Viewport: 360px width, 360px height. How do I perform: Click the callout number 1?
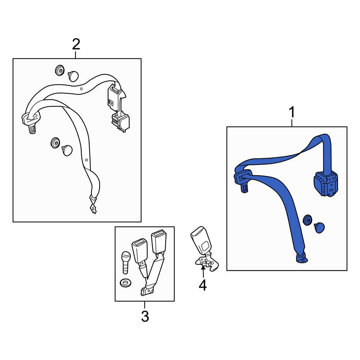click(x=292, y=112)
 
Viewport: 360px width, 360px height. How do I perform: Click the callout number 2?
click(x=76, y=44)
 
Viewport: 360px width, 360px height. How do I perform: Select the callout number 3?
click(x=145, y=316)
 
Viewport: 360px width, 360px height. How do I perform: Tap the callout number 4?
click(x=203, y=285)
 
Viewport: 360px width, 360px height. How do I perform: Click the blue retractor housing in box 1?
click(x=326, y=184)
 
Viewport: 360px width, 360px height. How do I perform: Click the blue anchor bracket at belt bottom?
click(x=302, y=258)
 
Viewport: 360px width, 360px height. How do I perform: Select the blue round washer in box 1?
click(x=307, y=220)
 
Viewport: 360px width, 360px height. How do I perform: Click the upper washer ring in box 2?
click(x=60, y=70)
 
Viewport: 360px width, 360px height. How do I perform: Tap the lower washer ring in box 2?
click(x=55, y=143)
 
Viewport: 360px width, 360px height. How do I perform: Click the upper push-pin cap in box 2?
click(x=73, y=76)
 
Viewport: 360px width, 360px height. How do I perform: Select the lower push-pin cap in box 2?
click(x=67, y=150)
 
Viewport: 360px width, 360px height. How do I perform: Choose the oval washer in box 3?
click(x=126, y=283)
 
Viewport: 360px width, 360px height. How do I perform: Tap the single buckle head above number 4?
click(x=201, y=240)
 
